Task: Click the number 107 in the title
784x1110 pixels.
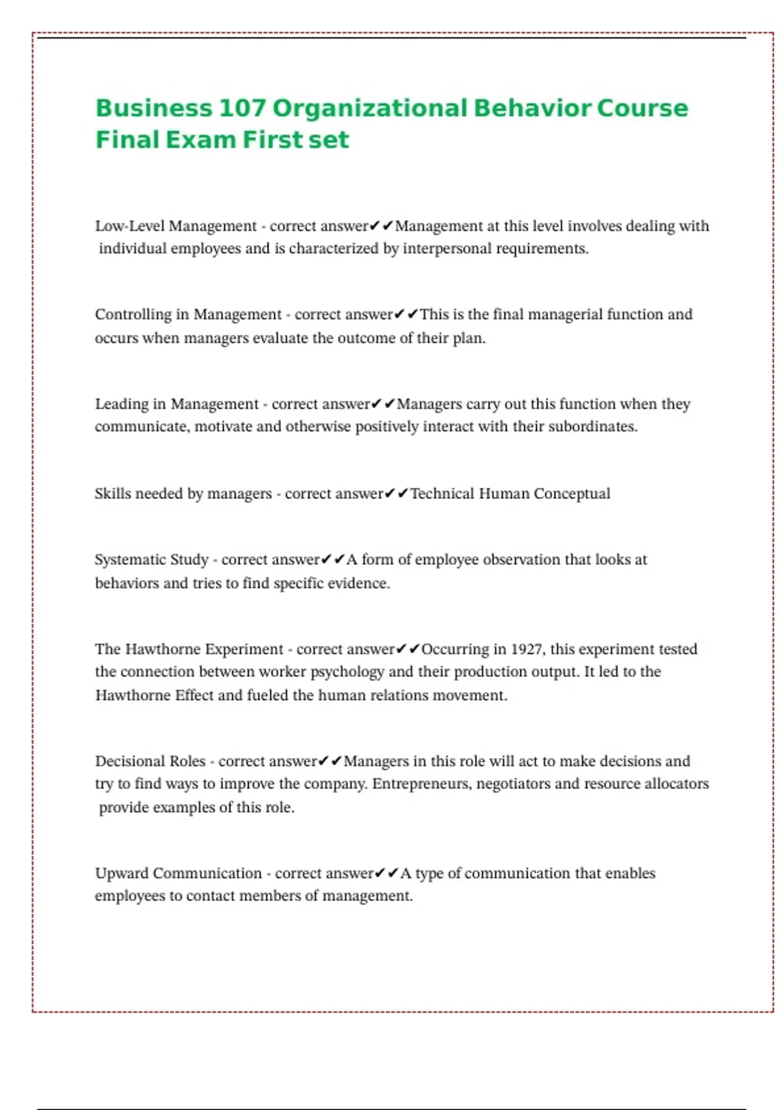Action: [x=240, y=108]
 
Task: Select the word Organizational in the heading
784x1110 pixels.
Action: [x=370, y=108]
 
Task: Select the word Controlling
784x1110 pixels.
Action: [x=133, y=315]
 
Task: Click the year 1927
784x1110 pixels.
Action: [x=527, y=650]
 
